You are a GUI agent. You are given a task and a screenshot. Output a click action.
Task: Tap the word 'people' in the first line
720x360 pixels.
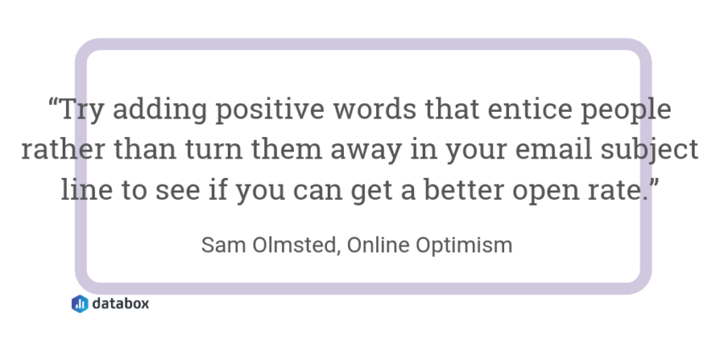click(626, 110)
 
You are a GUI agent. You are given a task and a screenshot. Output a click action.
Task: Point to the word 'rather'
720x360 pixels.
click(64, 149)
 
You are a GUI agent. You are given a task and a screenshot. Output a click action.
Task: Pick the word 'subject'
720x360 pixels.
click(650, 150)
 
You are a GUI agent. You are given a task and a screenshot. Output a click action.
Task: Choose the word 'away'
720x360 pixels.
click(366, 152)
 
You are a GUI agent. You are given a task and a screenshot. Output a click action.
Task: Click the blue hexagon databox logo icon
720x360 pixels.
click(80, 304)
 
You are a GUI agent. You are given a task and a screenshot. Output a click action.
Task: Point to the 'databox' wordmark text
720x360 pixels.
click(121, 303)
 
